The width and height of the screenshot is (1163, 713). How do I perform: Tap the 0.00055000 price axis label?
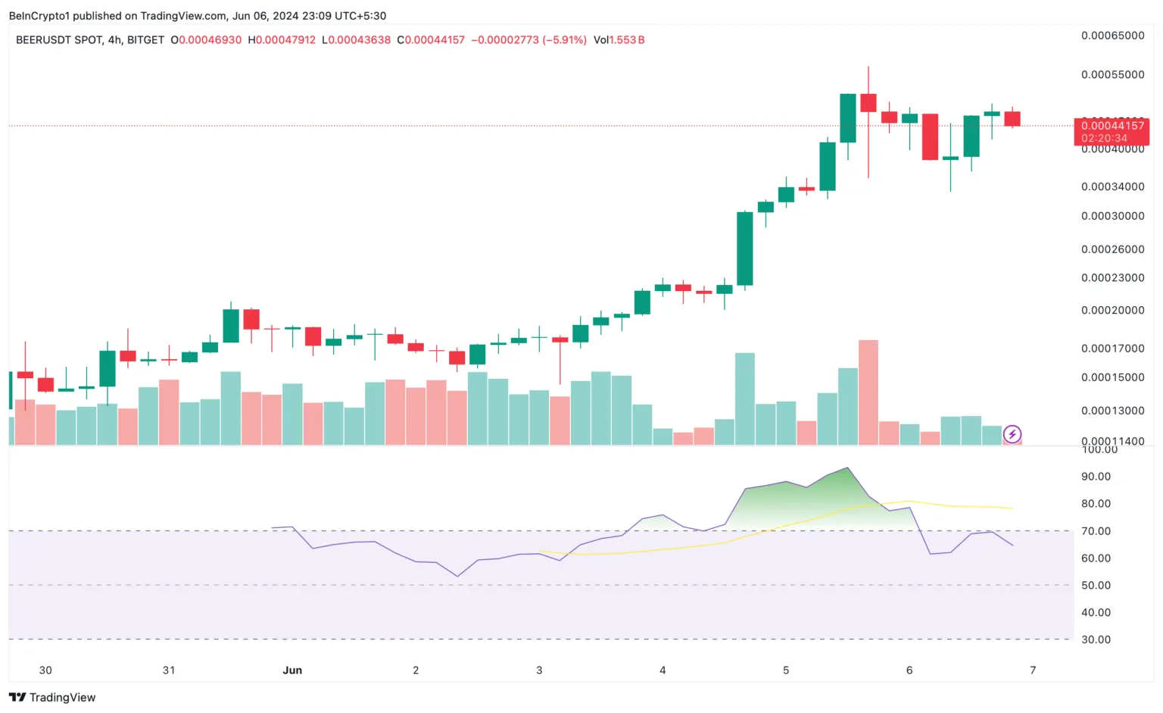coord(1112,74)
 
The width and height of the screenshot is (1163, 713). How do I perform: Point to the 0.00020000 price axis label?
coord(1112,310)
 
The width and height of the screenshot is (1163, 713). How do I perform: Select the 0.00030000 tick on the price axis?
coord(1112,216)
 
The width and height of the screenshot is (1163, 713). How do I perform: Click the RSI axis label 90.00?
coord(1096,477)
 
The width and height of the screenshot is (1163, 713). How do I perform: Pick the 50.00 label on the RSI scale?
coord(1096,585)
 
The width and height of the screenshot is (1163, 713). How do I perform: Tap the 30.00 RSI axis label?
coord(1096,640)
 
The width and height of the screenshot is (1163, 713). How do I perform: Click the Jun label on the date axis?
coord(292,670)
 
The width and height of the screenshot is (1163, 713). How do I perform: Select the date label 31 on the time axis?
coord(169,670)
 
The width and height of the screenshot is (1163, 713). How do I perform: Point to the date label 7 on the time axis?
coord(1033,670)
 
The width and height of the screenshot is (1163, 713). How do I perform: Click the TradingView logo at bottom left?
coord(52,697)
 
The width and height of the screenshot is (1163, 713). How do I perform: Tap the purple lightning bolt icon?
coord(1012,435)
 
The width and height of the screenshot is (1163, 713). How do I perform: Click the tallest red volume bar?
coord(868,392)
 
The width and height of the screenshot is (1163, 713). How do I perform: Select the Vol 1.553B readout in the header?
coord(619,39)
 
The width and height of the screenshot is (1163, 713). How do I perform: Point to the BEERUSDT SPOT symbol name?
coord(58,39)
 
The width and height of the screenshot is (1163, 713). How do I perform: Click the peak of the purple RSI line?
coord(848,468)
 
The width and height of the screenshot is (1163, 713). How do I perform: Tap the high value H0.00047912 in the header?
coord(282,39)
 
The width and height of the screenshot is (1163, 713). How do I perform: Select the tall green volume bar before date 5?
coord(745,399)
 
